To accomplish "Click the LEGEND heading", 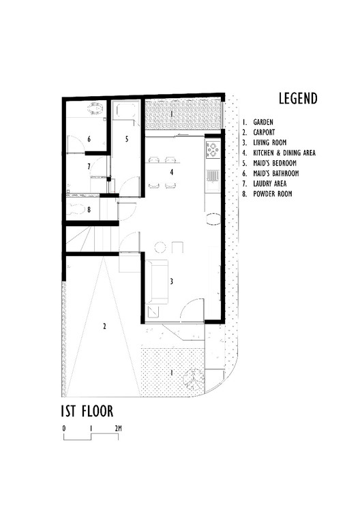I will tap(297, 98).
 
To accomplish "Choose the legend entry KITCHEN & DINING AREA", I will tap(284, 153).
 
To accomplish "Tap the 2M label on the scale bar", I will tap(118, 428).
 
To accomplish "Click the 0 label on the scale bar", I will tap(63, 428).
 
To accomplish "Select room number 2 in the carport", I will tap(104, 326).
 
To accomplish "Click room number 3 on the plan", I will tap(172, 280).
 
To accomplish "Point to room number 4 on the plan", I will tap(172, 172).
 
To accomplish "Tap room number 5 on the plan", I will tap(126, 138).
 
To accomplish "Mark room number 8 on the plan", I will tap(89, 210).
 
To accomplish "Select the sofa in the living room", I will tap(156, 281).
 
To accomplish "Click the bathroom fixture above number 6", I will tap(95, 109).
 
